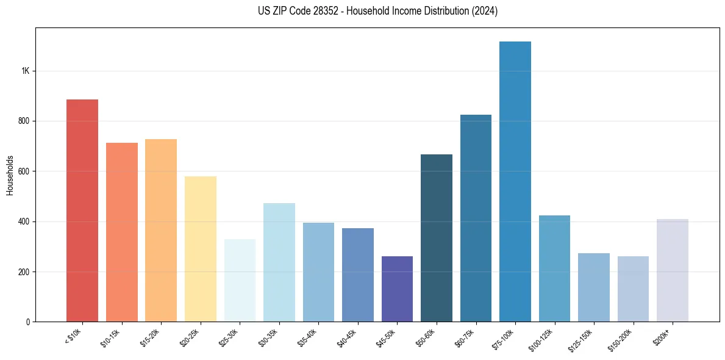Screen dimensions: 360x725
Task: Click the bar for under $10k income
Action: pos(82,211)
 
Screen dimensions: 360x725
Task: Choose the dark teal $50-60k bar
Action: pos(437,238)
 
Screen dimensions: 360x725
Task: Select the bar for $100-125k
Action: pos(554,268)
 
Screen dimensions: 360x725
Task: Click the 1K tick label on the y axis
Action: pos(26,71)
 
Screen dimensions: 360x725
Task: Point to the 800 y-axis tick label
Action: pos(24,121)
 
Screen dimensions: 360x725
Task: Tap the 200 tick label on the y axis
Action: pos(24,272)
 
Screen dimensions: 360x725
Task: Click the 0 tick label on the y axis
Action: pos(28,322)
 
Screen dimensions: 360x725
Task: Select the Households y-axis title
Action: pos(10,175)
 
